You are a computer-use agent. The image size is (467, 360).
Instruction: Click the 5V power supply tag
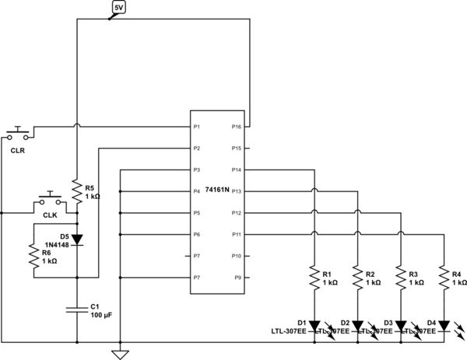click(118, 9)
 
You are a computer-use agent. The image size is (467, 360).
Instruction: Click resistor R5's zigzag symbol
click(77, 191)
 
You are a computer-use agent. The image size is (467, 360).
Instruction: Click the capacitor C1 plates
click(77, 310)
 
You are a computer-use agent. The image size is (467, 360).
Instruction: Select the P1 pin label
click(198, 126)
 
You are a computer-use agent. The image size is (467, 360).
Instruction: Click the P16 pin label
click(237, 126)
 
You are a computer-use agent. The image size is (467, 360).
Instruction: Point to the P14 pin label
click(237, 170)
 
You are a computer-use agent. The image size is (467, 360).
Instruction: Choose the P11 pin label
click(237, 234)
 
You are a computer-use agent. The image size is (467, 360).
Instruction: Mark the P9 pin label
click(237, 278)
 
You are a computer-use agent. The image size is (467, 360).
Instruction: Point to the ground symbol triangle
click(120, 354)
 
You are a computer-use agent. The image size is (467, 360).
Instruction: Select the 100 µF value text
click(101, 316)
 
